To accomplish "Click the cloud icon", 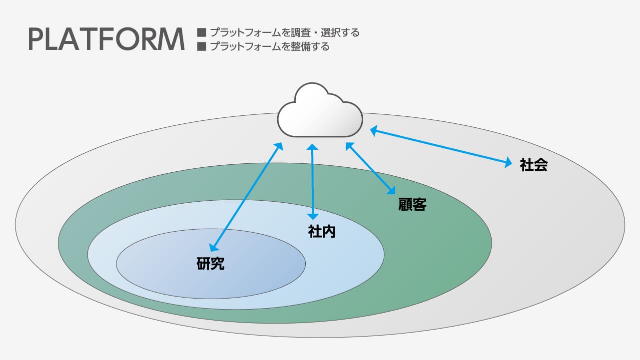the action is click(320, 110).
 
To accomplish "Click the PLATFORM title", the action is click(106, 39).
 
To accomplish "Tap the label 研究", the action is click(210, 264).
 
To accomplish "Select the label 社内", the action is click(322, 232).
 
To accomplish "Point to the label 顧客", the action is click(412, 204).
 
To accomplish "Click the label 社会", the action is click(534, 165).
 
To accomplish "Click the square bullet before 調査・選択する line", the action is click(202, 32).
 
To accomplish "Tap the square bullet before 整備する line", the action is click(202, 46).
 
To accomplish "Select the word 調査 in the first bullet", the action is click(301, 32).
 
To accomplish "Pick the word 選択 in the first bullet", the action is click(331, 32).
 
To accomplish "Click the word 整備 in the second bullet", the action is click(301, 46).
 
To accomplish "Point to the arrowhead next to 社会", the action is click(508, 162).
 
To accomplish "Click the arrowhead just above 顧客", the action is click(391, 190).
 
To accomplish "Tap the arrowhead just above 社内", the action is click(313, 216).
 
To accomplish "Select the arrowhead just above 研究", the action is click(213, 247).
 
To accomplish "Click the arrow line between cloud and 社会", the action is click(441, 147).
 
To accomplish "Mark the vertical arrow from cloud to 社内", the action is click(313, 182).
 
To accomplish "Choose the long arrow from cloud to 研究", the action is click(246, 197).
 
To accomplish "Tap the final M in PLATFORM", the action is click(173, 39).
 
